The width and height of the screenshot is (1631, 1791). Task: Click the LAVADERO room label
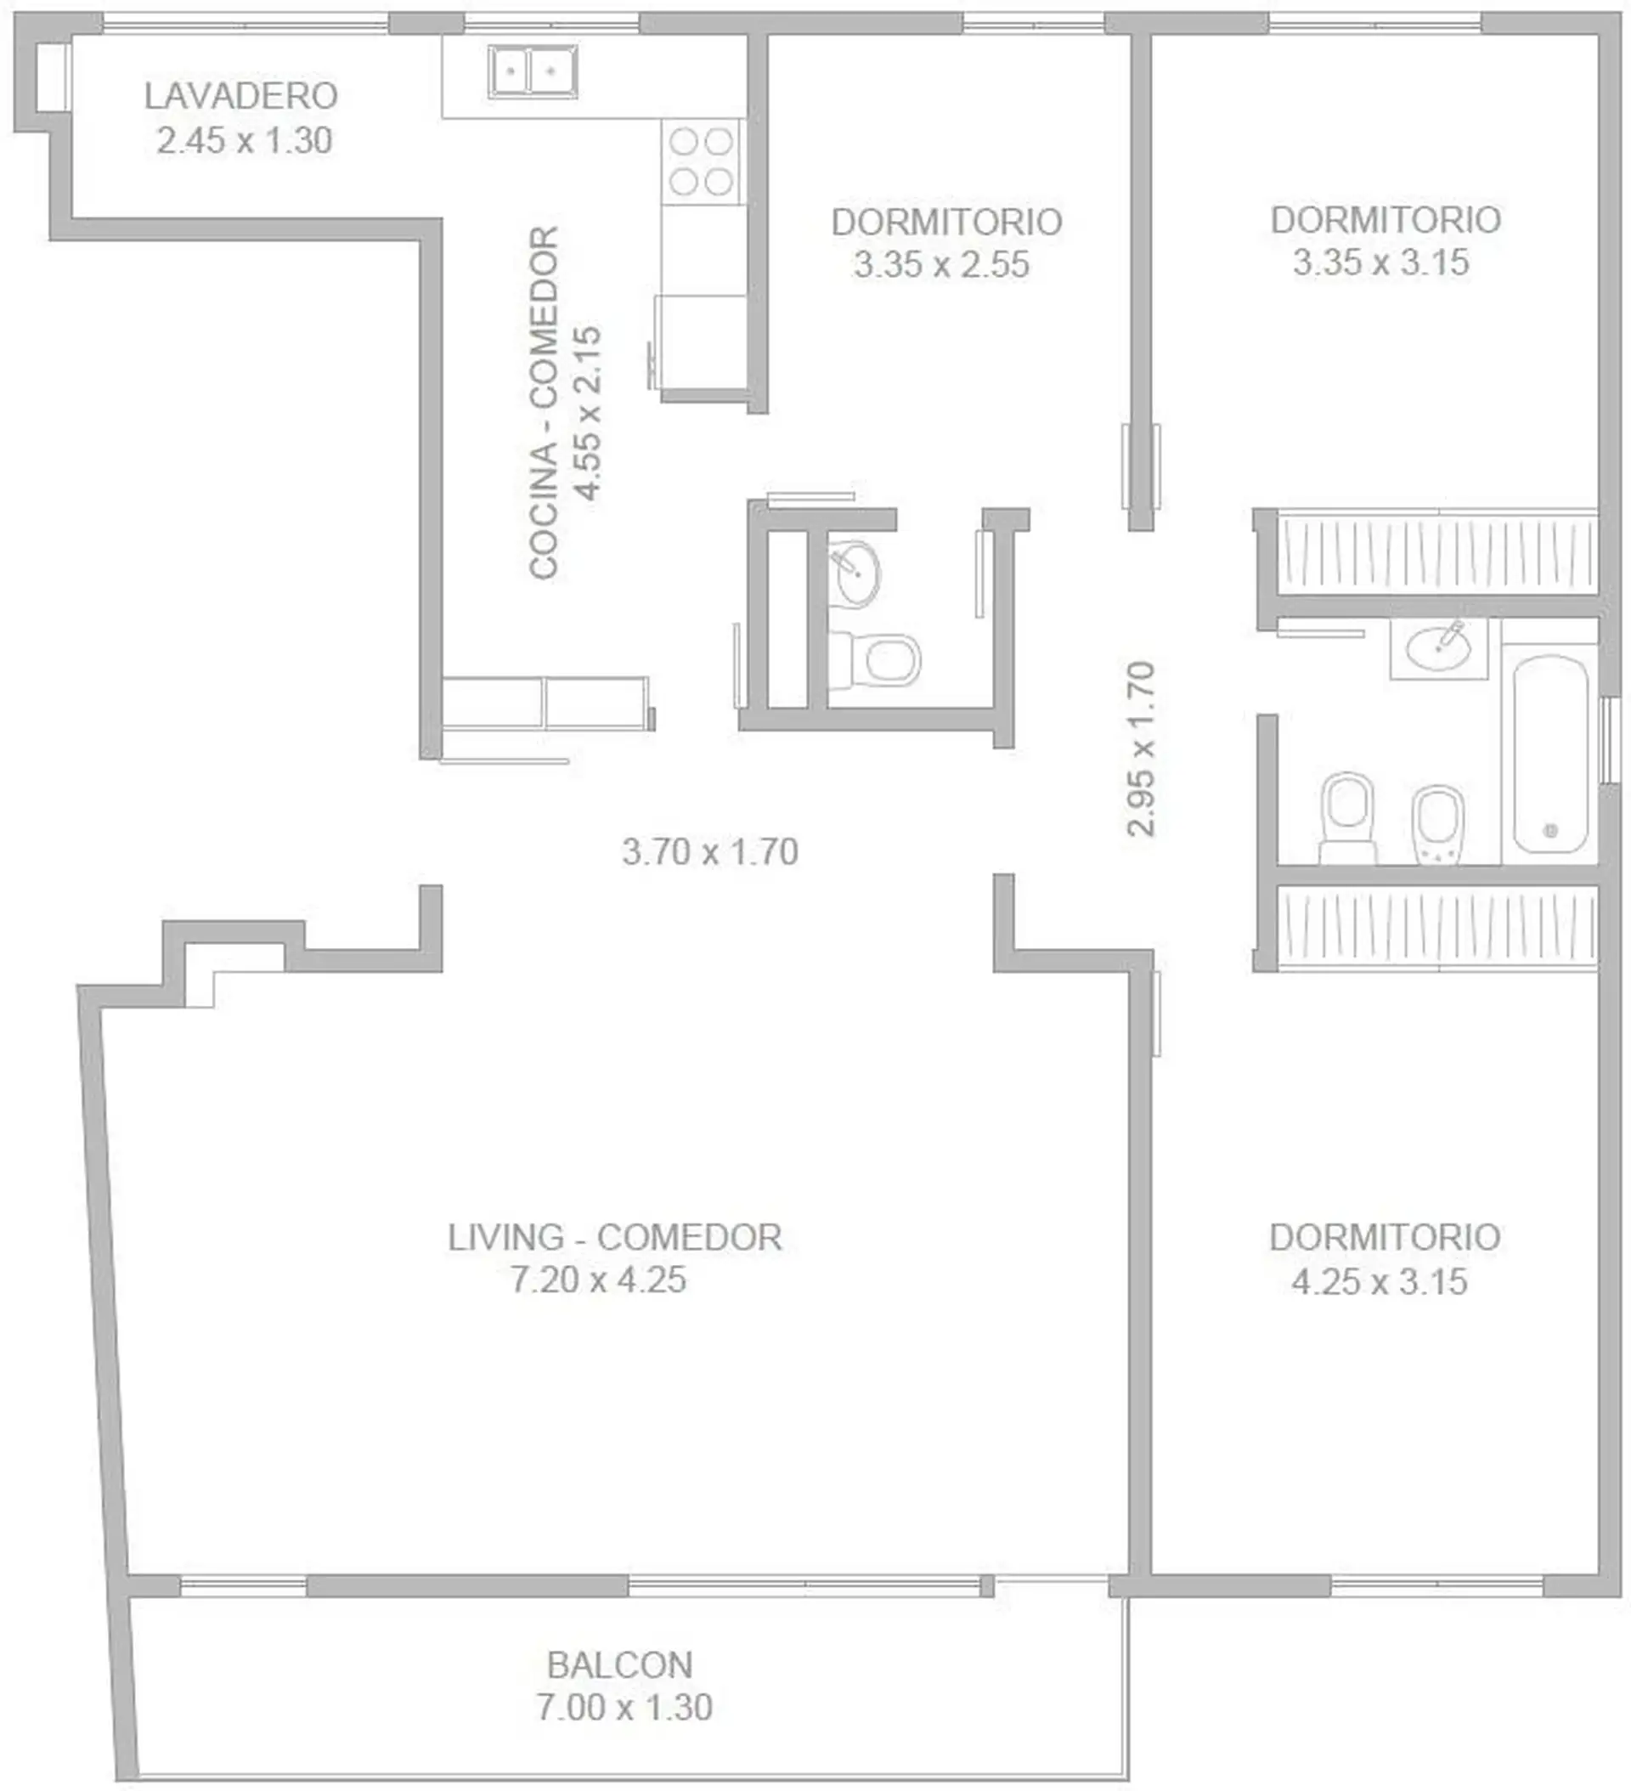pos(240,96)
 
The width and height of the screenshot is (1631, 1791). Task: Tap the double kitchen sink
pos(532,71)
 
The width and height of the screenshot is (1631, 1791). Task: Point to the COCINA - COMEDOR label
pos(544,404)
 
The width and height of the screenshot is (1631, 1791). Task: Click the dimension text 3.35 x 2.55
pos(941,265)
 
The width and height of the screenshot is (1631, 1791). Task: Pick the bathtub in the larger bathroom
pos(1550,754)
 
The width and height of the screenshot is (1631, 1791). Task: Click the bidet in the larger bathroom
pos(1439,824)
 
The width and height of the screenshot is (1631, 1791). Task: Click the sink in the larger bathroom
pos(1438,647)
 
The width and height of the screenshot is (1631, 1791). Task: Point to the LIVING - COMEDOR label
pos(615,1238)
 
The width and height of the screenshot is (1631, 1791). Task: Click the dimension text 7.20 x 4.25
pos(599,1280)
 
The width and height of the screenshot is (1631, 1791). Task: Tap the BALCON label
pos(620,1665)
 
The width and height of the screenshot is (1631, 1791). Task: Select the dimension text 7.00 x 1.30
pos(624,1708)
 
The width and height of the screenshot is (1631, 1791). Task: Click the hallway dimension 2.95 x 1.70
pos(1141,749)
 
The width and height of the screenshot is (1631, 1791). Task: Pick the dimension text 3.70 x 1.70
pos(710,852)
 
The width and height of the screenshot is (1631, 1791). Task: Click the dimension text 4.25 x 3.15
pos(1380,1282)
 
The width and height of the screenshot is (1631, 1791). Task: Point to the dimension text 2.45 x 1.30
pos(245,140)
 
